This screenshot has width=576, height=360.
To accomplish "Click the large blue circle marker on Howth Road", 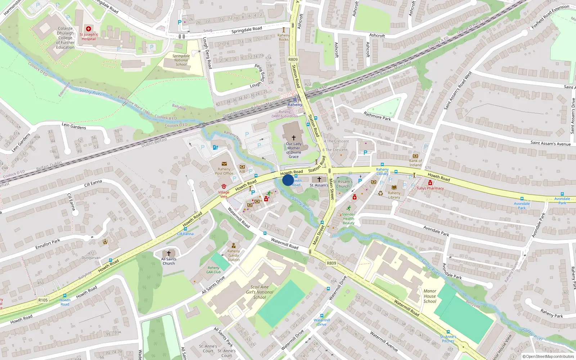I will pyautogui.click(x=288, y=180).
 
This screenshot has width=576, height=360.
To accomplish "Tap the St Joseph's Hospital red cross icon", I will pyautogui.click(x=89, y=29).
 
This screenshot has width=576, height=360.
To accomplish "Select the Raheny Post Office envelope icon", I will pyautogui.click(x=224, y=164).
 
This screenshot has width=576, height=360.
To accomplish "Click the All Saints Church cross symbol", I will pyautogui.click(x=168, y=253).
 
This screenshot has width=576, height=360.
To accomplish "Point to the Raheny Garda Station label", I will pyautogui.click(x=234, y=255).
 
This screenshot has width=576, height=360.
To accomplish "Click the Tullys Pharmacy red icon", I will pyautogui.click(x=430, y=183).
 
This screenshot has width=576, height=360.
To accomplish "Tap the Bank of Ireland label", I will pyautogui.click(x=415, y=163).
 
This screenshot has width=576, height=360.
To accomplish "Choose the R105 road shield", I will pyautogui.click(x=43, y=300).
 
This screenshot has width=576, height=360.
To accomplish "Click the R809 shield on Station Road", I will pyautogui.click(x=293, y=59).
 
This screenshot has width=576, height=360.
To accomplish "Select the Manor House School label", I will pyautogui.click(x=430, y=296).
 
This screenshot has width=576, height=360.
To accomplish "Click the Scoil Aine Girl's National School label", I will pyautogui.click(x=260, y=292).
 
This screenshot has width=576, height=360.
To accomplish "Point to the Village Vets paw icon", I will pyautogui.click(x=224, y=186).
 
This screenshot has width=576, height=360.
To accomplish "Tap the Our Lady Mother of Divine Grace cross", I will pyautogui.click(x=294, y=138).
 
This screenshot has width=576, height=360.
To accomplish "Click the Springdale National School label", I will pyautogui.click(x=181, y=60).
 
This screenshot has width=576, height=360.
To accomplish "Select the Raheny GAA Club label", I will pyautogui.click(x=213, y=270).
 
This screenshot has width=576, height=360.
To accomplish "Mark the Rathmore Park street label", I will pyautogui.click(x=377, y=116).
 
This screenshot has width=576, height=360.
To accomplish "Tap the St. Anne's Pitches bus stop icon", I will pyautogui.click(x=448, y=332).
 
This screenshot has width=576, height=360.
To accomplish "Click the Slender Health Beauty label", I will pyautogui.click(x=348, y=219).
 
